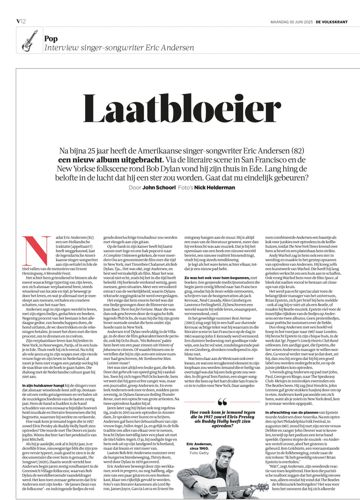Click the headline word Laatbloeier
point(182,108)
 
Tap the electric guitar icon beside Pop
point(29,40)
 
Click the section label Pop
point(51,39)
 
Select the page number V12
point(21,21)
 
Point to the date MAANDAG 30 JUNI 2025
point(291,22)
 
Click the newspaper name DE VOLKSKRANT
point(332,22)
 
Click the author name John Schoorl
point(159,187)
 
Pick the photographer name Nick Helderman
point(214,187)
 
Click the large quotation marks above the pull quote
point(222,402)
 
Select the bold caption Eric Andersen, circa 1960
point(199,446)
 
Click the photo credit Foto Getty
point(199,453)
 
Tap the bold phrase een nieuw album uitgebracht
point(111,160)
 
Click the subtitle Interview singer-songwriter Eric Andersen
point(119,48)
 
